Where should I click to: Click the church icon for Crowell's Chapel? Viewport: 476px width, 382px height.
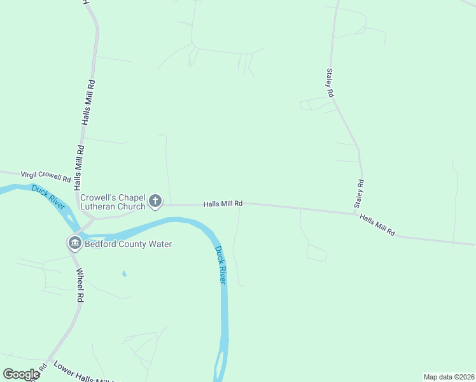point(155,202)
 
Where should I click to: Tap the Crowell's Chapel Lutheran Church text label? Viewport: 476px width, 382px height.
point(113,202)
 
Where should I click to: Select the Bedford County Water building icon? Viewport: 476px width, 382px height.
point(74,243)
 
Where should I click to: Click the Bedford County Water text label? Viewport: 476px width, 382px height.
point(129,244)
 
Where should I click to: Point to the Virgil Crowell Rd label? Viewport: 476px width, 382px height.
point(45,175)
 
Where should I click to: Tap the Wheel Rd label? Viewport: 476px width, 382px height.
point(80,285)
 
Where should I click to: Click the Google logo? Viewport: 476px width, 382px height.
point(22,374)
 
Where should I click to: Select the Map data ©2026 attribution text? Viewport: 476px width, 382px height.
point(448,377)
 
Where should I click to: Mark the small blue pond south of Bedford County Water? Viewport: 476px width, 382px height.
point(124,274)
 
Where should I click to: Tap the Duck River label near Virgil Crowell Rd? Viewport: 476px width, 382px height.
point(52,197)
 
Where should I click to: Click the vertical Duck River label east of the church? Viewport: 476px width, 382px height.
point(220,264)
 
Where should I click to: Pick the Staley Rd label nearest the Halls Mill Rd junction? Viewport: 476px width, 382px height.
point(359,194)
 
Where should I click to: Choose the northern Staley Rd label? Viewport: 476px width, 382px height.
point(330,83)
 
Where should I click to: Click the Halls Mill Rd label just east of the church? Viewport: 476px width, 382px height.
point(223,204)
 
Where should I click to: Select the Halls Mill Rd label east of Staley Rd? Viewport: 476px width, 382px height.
point(377,225)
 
